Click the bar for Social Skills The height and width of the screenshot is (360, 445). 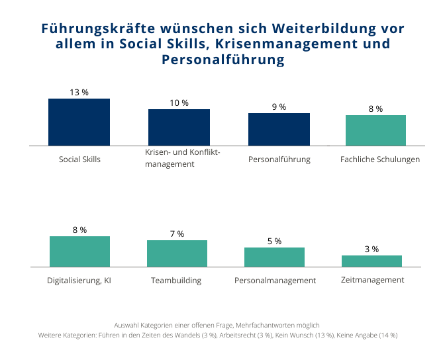click(79, 122)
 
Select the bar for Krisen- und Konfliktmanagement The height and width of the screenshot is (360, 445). click(179, 127)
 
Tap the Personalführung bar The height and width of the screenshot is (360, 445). click(279, 129)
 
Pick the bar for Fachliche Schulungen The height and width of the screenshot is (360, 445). click(375, 130)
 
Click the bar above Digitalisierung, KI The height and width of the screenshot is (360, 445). click(79, 251)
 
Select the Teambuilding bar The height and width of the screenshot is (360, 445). click(177, 253)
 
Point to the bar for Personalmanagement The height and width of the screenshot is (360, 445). click(274, 257)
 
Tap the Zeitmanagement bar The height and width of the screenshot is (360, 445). click(371, 261)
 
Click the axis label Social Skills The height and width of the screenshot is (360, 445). click(79, 159)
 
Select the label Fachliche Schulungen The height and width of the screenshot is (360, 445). click(380, 159)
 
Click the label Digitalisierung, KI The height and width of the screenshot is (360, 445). click(79, 281)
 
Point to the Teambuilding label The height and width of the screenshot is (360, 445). click(175, 281)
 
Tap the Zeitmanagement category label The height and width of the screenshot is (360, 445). click(372, 280)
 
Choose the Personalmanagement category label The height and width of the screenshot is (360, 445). click(275, 281)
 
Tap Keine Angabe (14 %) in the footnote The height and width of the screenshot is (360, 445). click(367, 336)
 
